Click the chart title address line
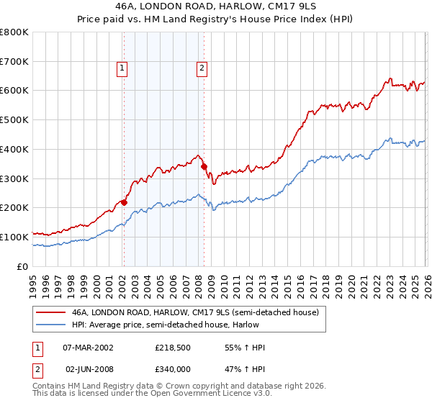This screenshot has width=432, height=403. pos(215,6)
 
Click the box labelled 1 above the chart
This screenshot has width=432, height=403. pos(122,68)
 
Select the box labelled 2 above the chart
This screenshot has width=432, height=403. pos(202,68)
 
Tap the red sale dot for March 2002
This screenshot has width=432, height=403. pos(124,202)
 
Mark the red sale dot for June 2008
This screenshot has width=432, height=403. pos(204,166)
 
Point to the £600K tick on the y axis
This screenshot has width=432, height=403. pos(15,91)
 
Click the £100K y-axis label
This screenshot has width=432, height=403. pos(15,237)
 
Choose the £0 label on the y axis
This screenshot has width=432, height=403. pos(22,266)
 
